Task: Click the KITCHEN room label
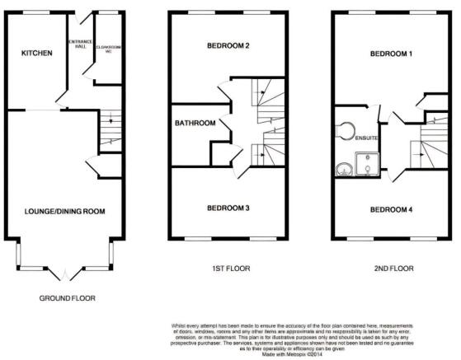[x=37, y=54]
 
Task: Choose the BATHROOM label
[x=195, y=124]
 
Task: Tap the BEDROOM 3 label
[x=228, y=208]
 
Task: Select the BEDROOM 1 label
[x=391, y=54]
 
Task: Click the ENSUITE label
[x=366, y=138]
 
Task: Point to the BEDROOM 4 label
[x=391, y=209]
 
